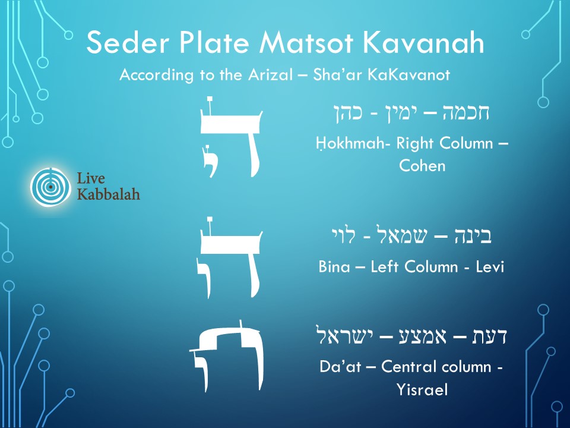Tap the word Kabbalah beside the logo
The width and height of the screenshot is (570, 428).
point(109,194)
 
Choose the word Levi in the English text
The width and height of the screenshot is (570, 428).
point(489,267)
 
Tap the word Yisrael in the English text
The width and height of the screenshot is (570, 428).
point(422,389)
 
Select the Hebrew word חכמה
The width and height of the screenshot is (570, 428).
point(466,113)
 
